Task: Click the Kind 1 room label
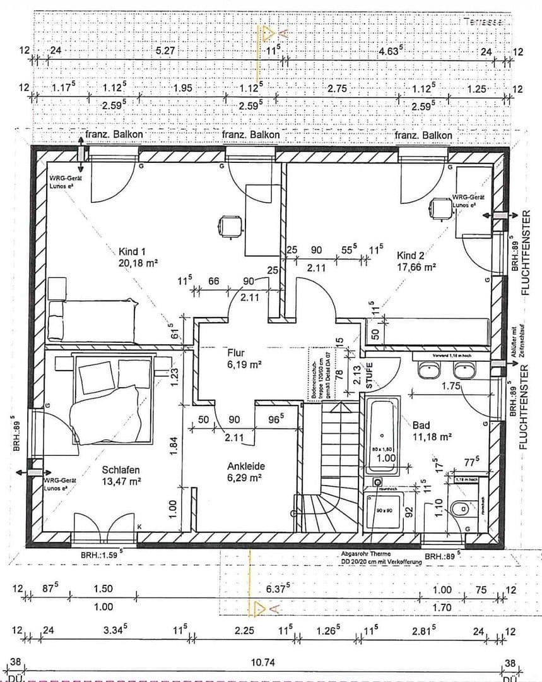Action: [x=132, y=251]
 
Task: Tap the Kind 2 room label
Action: [x=410, y=255]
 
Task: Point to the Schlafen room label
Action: [x=120, y=470]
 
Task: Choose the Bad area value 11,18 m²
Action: [x=432, y=436]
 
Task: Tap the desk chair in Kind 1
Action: [x=230, y=225]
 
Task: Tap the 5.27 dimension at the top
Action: [x=165, y=51]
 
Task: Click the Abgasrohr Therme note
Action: [x=365, y=554]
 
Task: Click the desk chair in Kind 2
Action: [x=440, y=206]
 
